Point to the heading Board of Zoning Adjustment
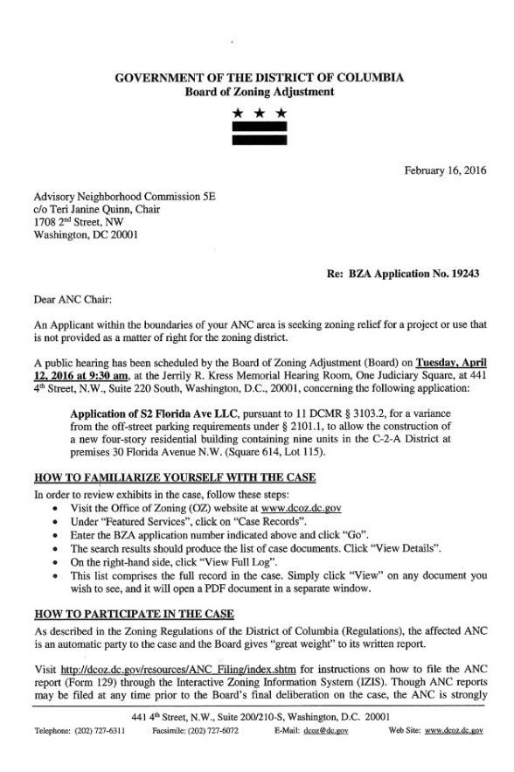click(x=259, y=92)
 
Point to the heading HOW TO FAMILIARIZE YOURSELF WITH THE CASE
click(x=174, y=477)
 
